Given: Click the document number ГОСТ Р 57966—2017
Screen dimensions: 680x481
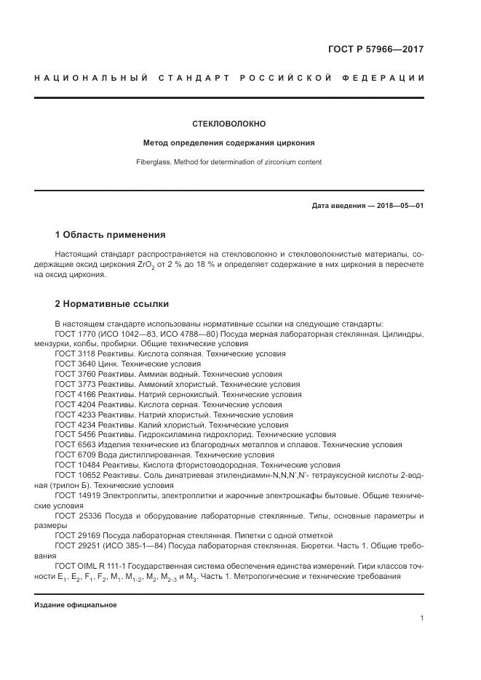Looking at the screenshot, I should pos(375,50).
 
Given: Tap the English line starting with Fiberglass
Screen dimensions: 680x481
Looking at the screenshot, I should pos(228,162).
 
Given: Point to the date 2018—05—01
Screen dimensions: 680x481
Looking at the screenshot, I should pos(397,206).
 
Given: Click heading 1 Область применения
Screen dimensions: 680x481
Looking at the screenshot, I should pos(110,235).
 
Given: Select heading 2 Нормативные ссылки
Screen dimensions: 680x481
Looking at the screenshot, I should pos(112,303).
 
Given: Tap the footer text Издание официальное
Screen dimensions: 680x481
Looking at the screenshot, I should pos(76,605).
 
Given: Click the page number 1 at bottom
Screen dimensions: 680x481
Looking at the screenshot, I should pos(422,618).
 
